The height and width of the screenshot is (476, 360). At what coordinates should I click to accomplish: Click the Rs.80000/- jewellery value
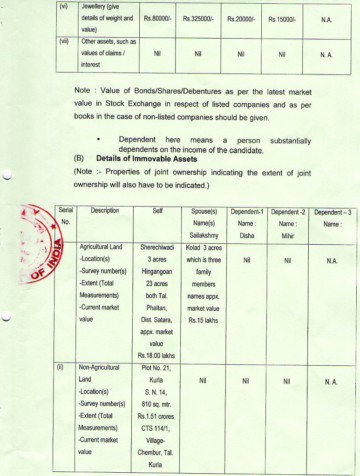pyautogui.click(x=157, y=19)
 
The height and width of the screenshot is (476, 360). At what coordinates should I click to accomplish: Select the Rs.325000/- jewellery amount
pyautogui.click(x=198, y=19)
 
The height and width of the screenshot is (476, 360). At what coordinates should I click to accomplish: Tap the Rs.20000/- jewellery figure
pyautogui.click(x=241, y=19)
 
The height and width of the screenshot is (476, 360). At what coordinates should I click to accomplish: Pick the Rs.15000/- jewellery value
pyautogui.click(x=282, y=19)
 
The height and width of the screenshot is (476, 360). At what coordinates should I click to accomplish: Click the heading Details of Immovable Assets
pyautogui.click(x=146, y=159)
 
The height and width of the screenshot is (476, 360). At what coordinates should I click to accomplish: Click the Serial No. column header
pyautogui.click(x=66, y=216)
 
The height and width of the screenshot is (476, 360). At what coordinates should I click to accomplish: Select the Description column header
pyautogui.click(x=105, y=211)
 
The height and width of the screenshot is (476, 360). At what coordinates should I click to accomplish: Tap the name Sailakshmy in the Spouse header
pyautogui.click(x=204, y=235)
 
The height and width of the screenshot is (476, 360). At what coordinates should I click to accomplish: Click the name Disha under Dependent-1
pyautogui.click(x=247, y=235)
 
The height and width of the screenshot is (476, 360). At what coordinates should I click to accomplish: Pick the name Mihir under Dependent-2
pyautogui.click(x=287, y=235)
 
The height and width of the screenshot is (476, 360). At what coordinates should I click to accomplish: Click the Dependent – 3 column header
pyautogui.click(x=332, y=212)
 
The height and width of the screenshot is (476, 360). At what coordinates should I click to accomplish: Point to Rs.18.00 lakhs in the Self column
pyautogui.click(x=156, y=356)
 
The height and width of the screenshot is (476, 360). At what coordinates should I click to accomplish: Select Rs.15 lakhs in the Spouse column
pyautogui.click(x=203, y=320)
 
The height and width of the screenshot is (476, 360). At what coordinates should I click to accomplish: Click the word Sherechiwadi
pyautogui.click(x=157, y=248)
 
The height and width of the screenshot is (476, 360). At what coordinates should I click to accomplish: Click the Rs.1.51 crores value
pyautogui.click(x=156, y=416)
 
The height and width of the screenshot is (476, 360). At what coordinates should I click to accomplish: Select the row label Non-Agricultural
pyautogui.click(x=99, y=368)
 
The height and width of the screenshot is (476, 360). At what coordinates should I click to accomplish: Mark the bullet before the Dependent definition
pyautogui.click(x=98, y=140)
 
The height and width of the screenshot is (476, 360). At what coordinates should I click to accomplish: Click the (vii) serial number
pyautogui.click(x=64, y=41)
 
